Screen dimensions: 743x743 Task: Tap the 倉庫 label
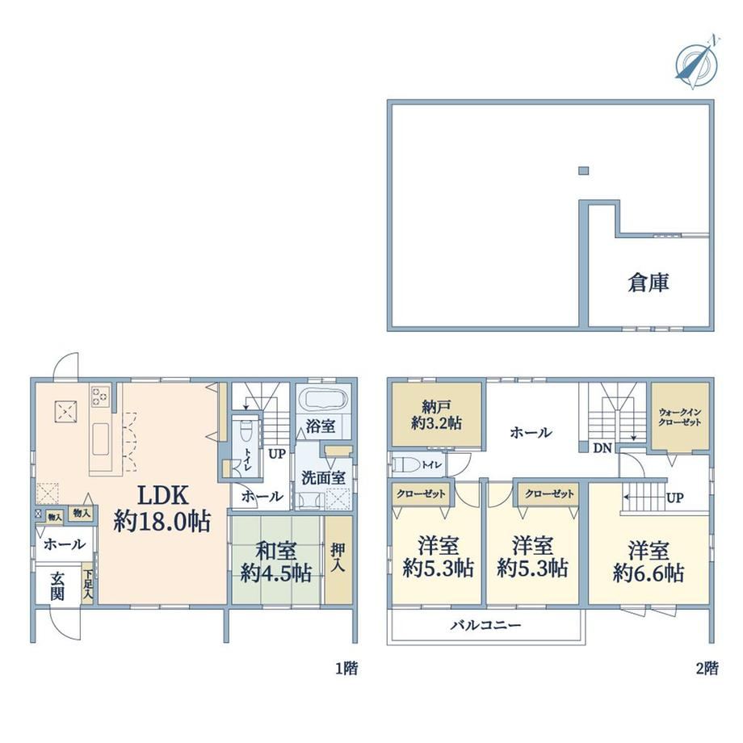tap(649, 283)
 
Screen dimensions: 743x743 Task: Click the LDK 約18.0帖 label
tap(162, 509)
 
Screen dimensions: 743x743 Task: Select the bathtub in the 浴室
tap(324, 399)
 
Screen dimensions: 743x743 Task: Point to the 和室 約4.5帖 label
tap(275, 562)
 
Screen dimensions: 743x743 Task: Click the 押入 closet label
tap(338, 557)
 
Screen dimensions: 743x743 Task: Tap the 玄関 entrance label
tap(57, 586)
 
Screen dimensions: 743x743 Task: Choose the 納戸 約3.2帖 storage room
tap(436, 414)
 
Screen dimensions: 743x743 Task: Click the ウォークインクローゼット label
tap(679, 417)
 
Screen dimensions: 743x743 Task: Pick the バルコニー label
tap(485, 625)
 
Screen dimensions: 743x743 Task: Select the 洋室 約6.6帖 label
tap(649, 562)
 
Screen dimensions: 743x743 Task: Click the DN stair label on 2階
tap(602, 447)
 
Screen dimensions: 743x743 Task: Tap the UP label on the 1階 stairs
tap(277, 454)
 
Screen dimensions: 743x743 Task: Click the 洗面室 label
tap(324, 477)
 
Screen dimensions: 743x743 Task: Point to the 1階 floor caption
tap(346, 668)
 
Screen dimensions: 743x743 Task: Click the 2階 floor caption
tap(707, 668)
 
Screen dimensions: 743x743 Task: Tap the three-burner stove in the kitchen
tap(100, 396)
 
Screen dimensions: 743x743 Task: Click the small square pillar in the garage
tap(583, 170)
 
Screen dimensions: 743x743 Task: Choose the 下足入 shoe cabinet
tap(88, 582)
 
